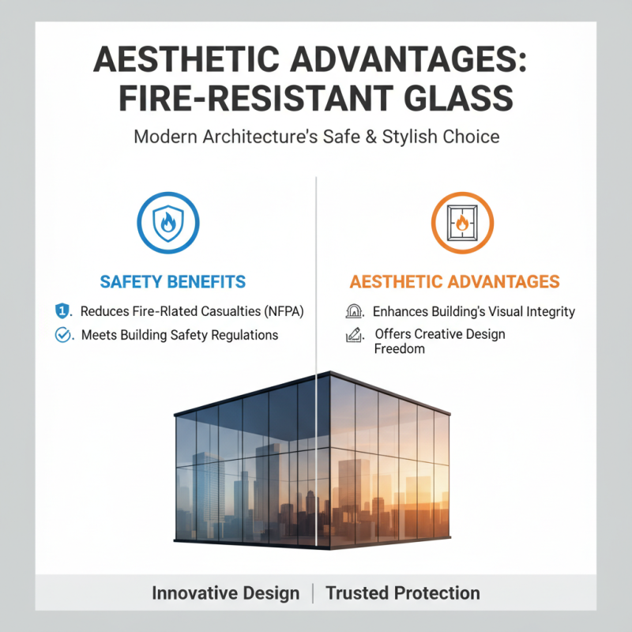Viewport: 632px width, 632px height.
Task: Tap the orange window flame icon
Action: click(462, 223)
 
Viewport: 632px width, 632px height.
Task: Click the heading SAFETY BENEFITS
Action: click(173, 282)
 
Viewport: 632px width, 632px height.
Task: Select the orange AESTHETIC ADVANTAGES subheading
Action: click(454, 282)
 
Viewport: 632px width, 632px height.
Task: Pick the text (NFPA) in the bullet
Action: click(281, 311)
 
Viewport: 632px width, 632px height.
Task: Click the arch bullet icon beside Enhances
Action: click(355, 311)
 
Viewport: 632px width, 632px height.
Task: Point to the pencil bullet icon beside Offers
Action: click(355, 335)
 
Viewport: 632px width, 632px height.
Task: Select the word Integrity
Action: click(546, 311)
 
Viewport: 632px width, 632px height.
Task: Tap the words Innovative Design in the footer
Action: click(225, 593)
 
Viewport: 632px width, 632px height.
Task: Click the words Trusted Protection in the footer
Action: click(402, 593)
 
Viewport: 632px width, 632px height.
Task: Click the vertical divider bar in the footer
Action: click(313, 593)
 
